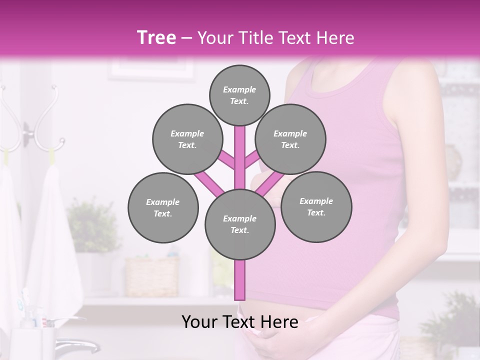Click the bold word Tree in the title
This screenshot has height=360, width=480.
(x=156, y=37)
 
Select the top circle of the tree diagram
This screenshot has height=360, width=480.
(x=239, y=95)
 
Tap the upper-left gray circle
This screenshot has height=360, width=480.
(x=187, y=139)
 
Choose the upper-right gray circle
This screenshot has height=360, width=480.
(x=290, y=139)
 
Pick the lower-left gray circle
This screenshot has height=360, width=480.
(x=163, y=207)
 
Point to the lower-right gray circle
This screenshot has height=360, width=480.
(x=316, y=206)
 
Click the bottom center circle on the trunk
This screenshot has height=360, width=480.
(x=240, y=224)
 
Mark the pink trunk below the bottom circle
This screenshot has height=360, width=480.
(x=240, y=280)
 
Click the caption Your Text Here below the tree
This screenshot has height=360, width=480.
(x=239, y=322)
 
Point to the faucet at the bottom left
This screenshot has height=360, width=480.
(x=75, y=345)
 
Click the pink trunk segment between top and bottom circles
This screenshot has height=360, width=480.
(x=240, y=155)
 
